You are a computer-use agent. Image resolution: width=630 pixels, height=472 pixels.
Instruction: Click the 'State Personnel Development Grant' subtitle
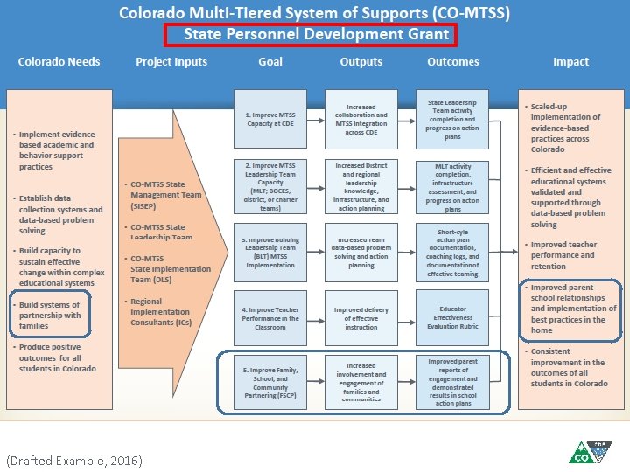click(x=316, y=35)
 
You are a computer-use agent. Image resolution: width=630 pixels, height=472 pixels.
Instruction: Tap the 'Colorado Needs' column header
click(x=59, y=62)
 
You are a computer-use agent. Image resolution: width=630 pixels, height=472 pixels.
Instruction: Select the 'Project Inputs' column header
click(x=171, y=62)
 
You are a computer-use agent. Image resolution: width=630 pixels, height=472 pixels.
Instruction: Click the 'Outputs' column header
click(x=361, y=62)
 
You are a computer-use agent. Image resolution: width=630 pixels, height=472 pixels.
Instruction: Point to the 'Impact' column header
click(x=570, y=62)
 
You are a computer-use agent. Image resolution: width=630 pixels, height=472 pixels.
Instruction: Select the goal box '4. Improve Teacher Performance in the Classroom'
click(x=270, y=318)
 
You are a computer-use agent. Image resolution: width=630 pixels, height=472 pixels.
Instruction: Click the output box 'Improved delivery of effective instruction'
click(x=361, y=318)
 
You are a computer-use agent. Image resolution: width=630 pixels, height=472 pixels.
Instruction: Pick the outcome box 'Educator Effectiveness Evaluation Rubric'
click(x=453, y=318)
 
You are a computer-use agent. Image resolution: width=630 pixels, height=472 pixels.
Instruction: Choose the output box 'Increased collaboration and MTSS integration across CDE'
click(x=361, y=120)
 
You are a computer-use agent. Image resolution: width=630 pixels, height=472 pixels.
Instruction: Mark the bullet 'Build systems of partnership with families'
click(x=51, y=316)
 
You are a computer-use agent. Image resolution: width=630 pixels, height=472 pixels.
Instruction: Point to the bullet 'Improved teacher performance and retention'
click(x=565, y=255)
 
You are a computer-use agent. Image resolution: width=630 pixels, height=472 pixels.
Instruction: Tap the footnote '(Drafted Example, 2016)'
click(x=73, y=461)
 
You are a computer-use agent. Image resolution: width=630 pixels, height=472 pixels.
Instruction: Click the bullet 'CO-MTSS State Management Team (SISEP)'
click(x=165, y=195)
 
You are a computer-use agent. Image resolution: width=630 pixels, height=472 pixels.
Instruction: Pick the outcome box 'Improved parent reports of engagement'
click(x=453, y=381)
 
